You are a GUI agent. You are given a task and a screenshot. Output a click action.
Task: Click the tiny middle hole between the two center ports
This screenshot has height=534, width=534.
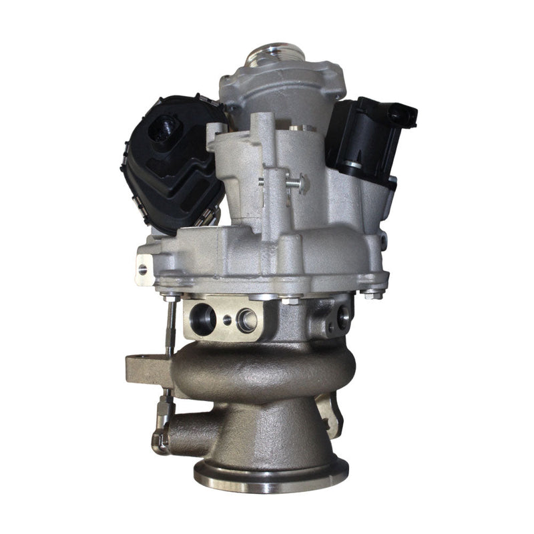227,320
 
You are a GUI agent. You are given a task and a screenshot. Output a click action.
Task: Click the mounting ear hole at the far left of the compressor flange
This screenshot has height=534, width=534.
142,270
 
